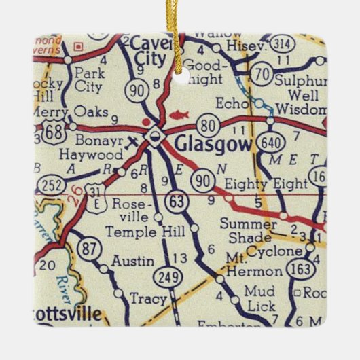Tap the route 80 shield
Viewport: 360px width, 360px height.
coord(207,124)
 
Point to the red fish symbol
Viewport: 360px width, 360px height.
coord(181,115)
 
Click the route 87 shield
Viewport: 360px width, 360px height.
coord(90,249)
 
